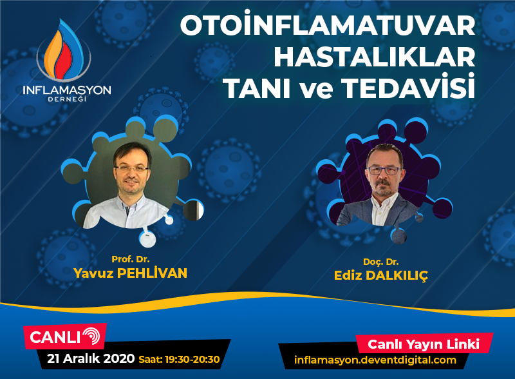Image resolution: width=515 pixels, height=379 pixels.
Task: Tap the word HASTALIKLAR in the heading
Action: pyautogui.click(x=375, y=57)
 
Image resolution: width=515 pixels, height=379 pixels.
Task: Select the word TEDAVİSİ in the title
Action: pyautogui.click(x=408, y=86)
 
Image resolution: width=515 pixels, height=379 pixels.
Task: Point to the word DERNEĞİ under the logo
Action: pyautogui.click(x=67, y=99)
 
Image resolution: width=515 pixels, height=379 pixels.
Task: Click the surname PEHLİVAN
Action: pyautogui.click(x=152, y=273)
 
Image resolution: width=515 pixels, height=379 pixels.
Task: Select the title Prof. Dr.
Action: pyautogui.click(x=131, y=259)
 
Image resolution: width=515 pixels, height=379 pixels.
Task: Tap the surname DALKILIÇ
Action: pyautogui.click(x=397, y=276)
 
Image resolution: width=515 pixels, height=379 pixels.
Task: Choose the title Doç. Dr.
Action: pyautogui.click(x=380, y=262)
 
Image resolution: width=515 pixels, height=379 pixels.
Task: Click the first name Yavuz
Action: pyautogui.click(x=93, y=273)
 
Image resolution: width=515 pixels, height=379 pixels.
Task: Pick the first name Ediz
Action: pyautogui.click(x=348, y=275)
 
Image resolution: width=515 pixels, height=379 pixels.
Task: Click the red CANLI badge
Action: pyautogui.click(x=65, y=336)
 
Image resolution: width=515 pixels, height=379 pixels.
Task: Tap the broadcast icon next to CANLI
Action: pyautogui.click(x=91, y=336)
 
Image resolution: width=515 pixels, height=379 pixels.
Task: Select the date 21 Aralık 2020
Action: pyautogui.click(x=91, y=358)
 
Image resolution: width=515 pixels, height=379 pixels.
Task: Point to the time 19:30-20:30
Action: pyautogui.click(x=192, y=359)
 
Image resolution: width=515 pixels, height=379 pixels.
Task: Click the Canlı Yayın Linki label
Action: pyautogui.click(x=424, y=344)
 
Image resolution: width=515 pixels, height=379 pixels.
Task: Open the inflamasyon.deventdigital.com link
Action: pyautogui.click(x=375, y=360)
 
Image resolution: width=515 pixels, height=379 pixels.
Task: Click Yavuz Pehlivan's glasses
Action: pyautogui.click(x=131, y=169)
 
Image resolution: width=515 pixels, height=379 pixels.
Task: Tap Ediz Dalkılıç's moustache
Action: pyautogui.click(x=382, y=183)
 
